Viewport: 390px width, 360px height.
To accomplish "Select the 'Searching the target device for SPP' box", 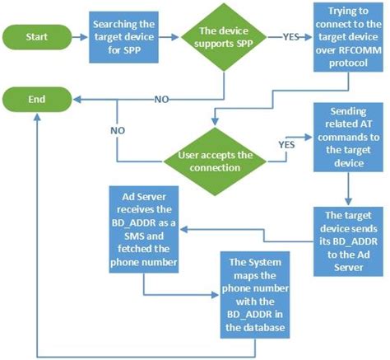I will tap(123, 36).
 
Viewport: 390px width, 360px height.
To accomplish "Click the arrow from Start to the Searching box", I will tap(81, 36).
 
